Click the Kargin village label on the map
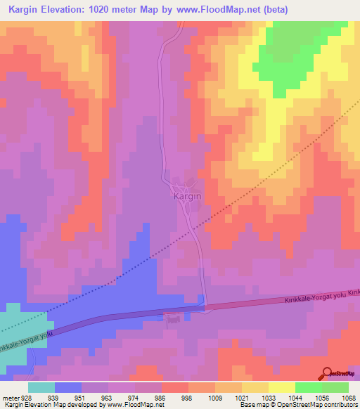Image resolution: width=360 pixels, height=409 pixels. coord(187,197)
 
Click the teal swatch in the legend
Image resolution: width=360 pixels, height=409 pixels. coord(41,387)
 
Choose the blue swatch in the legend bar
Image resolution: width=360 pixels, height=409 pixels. coord(68,387)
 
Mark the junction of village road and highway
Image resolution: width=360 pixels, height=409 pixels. coord(205,307)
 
